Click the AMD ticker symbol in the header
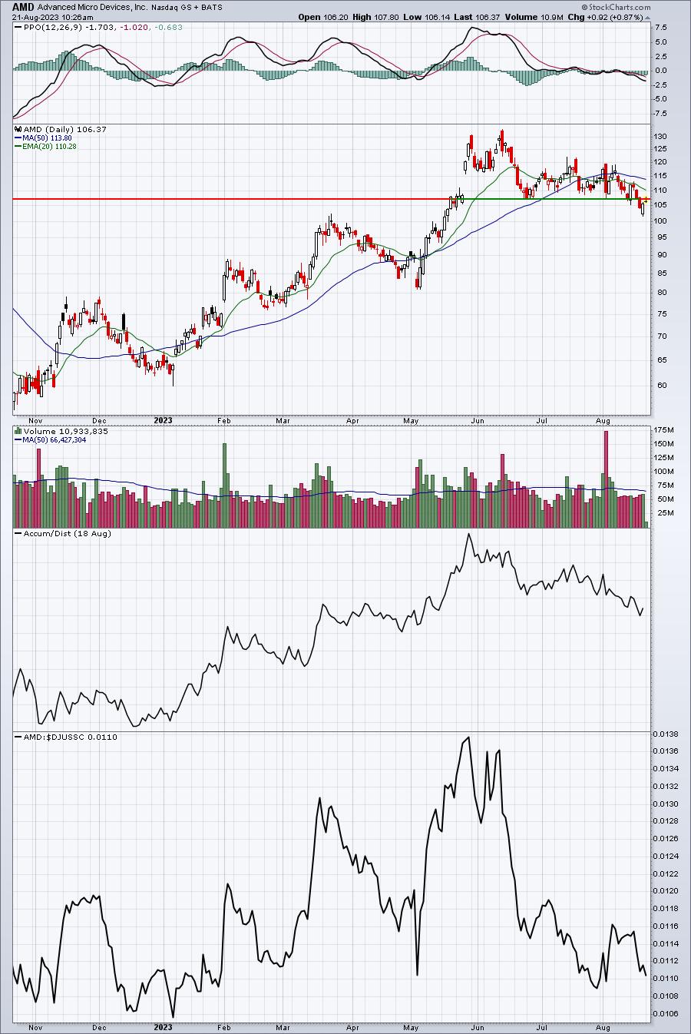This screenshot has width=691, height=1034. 24,7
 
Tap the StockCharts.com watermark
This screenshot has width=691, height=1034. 616,7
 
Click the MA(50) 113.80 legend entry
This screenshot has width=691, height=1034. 47,138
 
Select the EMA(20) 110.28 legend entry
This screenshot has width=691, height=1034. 49,146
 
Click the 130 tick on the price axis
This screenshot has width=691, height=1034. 660,136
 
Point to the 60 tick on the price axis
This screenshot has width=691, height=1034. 662,385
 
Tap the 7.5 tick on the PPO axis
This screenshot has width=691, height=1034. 660,27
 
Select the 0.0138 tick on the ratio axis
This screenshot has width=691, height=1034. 665,734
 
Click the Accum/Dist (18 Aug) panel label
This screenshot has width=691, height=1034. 68,533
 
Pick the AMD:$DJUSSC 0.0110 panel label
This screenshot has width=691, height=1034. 70,737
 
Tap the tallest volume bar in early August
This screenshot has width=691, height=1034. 606,479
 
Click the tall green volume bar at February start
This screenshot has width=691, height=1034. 225,486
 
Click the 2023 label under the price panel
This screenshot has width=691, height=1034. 163,420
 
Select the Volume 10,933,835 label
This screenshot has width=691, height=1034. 66,431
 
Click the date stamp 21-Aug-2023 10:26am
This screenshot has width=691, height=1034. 52,18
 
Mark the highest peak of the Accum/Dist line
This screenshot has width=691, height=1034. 469,534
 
